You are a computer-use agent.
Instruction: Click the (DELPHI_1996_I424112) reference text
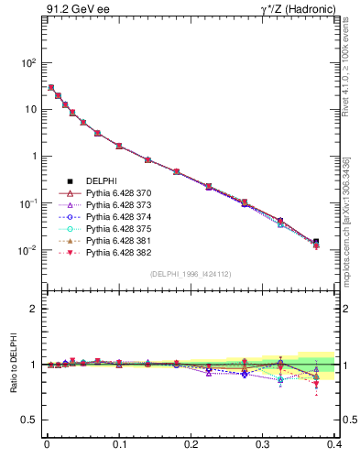tap(190, 274)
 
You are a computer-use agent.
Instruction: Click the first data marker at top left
tap(50, 88)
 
